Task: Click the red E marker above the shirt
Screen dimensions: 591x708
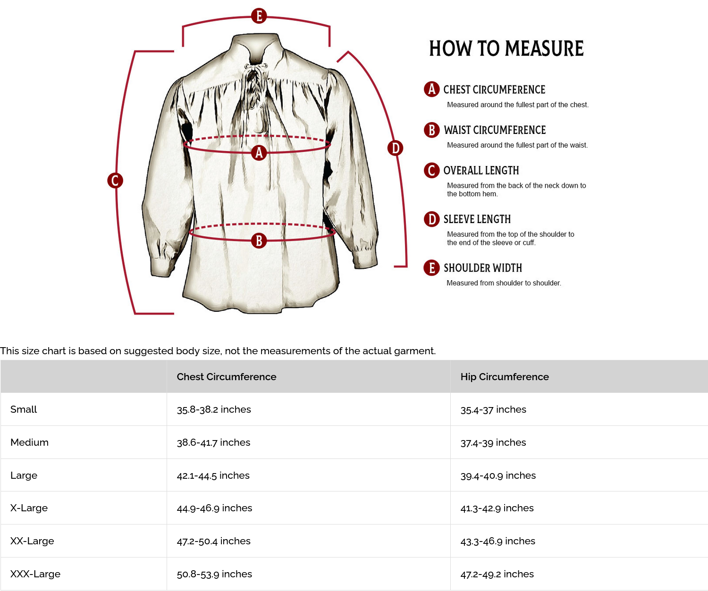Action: click(259, 16)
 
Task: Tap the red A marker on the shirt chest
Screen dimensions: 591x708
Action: click(259, 152)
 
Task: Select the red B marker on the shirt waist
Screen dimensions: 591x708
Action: click(259, 241)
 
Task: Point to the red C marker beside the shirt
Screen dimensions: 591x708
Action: click(115, 180)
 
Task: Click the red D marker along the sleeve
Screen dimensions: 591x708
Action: click(395, 148)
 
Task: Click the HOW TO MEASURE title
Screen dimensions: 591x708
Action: click(506, 49)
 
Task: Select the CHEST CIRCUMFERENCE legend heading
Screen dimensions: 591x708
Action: click(494, 90)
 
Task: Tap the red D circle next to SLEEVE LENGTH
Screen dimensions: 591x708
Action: click(431, 219)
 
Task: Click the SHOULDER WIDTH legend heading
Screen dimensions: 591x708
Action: click(482, 268)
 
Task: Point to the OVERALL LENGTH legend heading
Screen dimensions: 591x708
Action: click(481, 170)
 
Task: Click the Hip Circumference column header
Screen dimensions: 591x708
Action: click(505, 376)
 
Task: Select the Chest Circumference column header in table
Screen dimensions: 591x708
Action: click(227, 376)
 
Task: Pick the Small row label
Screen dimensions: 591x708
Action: click(24, 409)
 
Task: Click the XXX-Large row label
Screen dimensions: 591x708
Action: click(35, 574)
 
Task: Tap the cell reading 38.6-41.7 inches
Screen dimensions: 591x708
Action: click(213, 442)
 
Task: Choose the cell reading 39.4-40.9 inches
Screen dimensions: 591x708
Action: click(498, 475)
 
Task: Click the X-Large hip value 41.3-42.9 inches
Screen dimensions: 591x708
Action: click(497, 508)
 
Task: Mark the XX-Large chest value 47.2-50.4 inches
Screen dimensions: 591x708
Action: click(213, 541)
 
